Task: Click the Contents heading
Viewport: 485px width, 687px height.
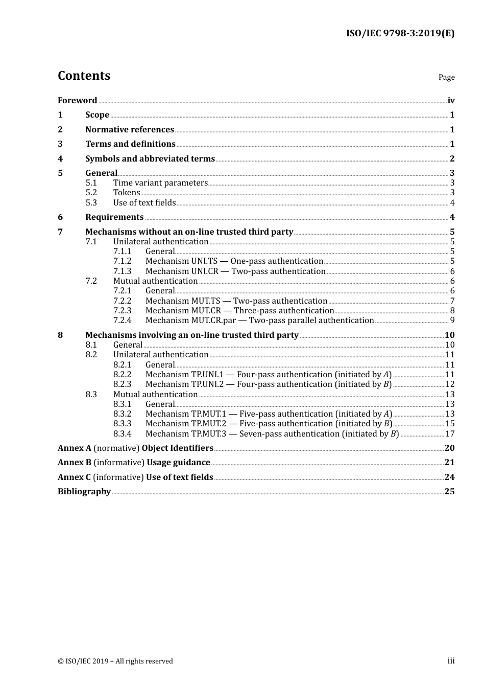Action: [84, 76]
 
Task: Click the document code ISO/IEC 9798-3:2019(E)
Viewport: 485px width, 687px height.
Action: [400, 33]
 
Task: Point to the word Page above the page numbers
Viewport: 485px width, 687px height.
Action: [446, 77]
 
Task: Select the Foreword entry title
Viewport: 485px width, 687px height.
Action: [77, 101]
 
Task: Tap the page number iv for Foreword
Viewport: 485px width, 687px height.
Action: [451, 101]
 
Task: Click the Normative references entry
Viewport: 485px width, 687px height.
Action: [130, 130]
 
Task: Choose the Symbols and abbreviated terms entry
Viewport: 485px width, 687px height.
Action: [150, 159]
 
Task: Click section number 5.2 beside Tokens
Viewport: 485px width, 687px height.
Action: [91, 193]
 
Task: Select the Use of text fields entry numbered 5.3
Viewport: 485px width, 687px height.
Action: [144, 203]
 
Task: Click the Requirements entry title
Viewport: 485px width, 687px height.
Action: [114, 217]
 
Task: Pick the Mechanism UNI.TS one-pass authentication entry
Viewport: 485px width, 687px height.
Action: [234, 261]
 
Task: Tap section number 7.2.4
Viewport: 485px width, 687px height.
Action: [122, 320]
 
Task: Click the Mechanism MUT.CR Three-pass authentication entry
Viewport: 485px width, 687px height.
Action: [239, 311]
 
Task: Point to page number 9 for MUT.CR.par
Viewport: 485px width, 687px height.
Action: [452, 320]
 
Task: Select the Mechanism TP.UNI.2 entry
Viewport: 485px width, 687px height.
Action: [269, 384]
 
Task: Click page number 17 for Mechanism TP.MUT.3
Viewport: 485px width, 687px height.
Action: [450, 434]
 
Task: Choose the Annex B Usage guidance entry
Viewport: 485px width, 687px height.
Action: [134, 463]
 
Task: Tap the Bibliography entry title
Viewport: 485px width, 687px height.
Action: [84, 492]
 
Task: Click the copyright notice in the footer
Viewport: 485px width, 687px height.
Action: [115, 661]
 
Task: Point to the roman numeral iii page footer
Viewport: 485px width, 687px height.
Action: [451, 661]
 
